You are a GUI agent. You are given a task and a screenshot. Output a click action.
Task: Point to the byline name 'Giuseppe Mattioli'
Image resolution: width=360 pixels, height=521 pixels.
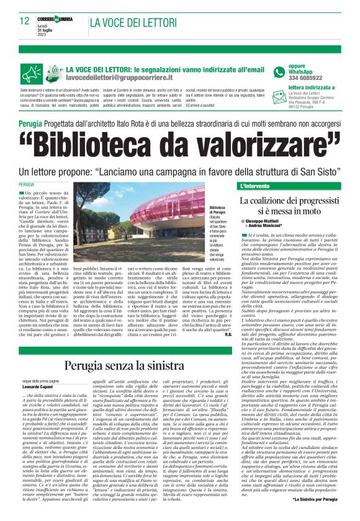pyautogui.click(x=268, y=221)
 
